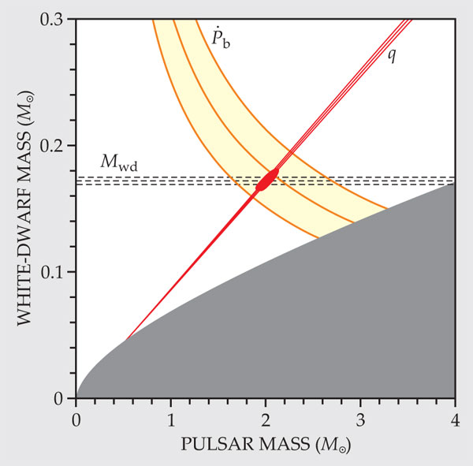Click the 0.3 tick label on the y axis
53,19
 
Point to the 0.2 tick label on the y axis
53,146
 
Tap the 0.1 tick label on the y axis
53,272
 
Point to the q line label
392,57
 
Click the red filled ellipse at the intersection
268,180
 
